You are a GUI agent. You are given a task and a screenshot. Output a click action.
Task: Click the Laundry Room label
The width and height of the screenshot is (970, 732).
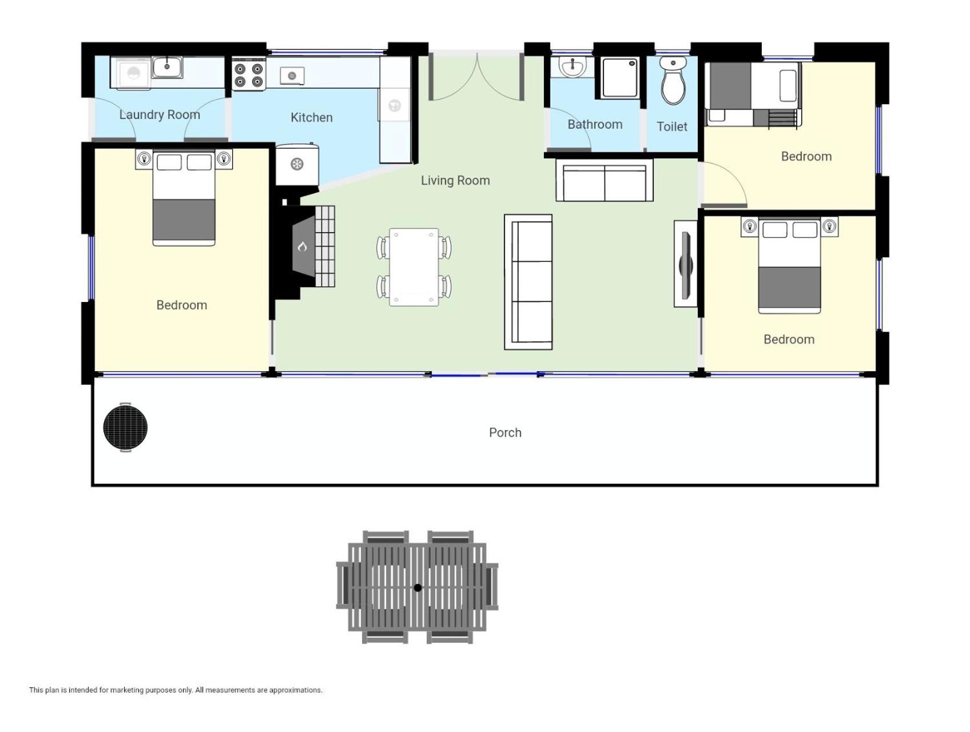coord(160,114)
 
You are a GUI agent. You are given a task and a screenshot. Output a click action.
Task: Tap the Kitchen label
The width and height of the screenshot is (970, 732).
coord(312,117)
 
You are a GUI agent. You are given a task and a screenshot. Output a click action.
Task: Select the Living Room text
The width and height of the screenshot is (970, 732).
coord(455,181)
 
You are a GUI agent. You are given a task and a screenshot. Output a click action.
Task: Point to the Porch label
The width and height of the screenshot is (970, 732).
coord(505,432)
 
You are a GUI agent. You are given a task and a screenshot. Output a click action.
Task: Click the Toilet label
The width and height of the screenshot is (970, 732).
coord(672,126)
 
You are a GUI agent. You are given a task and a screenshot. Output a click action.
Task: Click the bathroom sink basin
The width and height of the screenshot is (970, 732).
coord(572,67)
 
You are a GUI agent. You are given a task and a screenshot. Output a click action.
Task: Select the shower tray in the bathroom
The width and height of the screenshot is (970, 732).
coord(620,78)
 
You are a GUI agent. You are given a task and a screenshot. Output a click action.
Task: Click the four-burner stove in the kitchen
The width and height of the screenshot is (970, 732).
coord(249,74)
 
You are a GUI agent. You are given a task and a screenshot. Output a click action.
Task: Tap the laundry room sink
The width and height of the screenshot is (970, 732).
coord(167,67)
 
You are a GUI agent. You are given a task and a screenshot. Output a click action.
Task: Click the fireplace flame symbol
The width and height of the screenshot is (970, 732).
coord(303,246)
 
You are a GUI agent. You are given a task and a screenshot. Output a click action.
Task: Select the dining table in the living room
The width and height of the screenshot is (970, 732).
coord(414,267)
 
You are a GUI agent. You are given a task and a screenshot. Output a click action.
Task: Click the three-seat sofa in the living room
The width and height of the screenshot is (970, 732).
coord(528,282)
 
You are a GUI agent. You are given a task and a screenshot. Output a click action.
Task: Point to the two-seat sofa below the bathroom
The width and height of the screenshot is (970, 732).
coord(605,180)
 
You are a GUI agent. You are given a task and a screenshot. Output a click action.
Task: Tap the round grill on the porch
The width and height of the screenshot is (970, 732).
coord(125,427)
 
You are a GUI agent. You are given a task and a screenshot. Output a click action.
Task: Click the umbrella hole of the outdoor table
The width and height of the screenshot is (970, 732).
coord(418,588)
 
